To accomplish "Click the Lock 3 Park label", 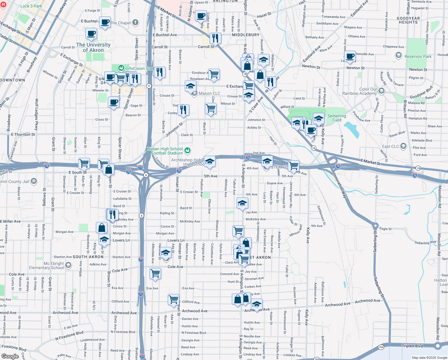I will click(x=31, y=6).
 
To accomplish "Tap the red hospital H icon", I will click(x=3, y=5).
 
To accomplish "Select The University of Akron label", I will click(x=93, y=47).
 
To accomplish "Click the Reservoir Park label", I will click(x=418, y=56).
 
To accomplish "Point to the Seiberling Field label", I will click(x=337, y=118).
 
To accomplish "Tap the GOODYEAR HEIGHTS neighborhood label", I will click(x=408, y=20).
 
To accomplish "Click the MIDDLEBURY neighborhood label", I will click(x=246, y=35).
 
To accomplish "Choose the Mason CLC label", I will click(x=209, y=93).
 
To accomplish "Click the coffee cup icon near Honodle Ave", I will click(x=350, y=56).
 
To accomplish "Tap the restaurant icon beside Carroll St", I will click(x=215, y=38).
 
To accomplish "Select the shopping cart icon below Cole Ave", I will click(x=155, y=273).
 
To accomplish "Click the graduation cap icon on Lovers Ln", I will click(x=104, y=239).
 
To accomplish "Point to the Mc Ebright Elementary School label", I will click(x=46, y=265).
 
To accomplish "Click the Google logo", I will click(x=10, y=356).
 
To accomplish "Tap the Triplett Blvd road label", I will click(x=412, y=346).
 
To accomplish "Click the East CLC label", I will click(x=391, y=146).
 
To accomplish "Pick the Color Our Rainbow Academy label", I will click(x=359, y=91).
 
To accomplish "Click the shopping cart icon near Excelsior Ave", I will click(x=214, y=74).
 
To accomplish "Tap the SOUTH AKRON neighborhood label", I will click(x=88, y=257).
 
